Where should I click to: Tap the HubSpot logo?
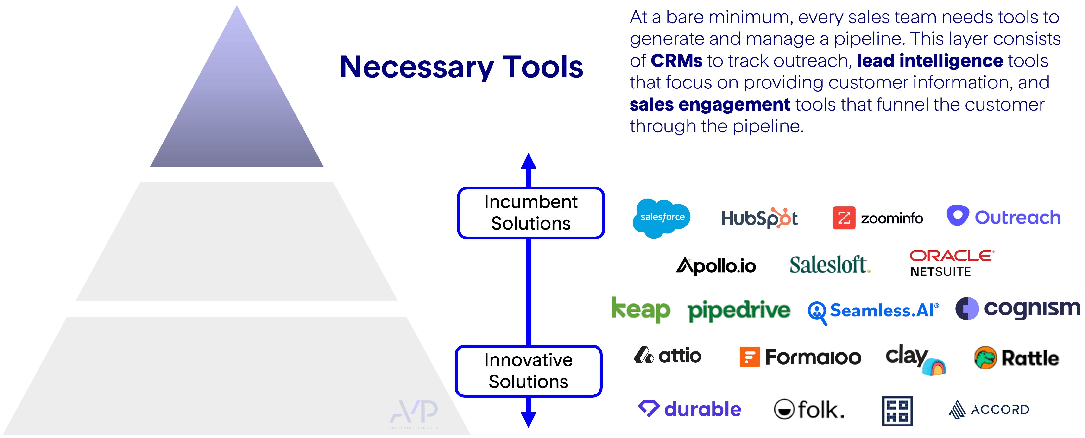759,218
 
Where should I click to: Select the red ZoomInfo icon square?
844,218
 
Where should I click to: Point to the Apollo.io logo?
716,266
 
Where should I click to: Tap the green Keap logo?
641,310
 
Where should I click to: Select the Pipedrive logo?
739,311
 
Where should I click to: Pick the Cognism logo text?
1032,308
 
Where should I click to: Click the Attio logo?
668,356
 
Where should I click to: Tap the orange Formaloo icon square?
749,357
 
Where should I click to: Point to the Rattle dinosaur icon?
985,358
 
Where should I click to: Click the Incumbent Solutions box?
531,213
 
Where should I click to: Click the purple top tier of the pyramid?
237,114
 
